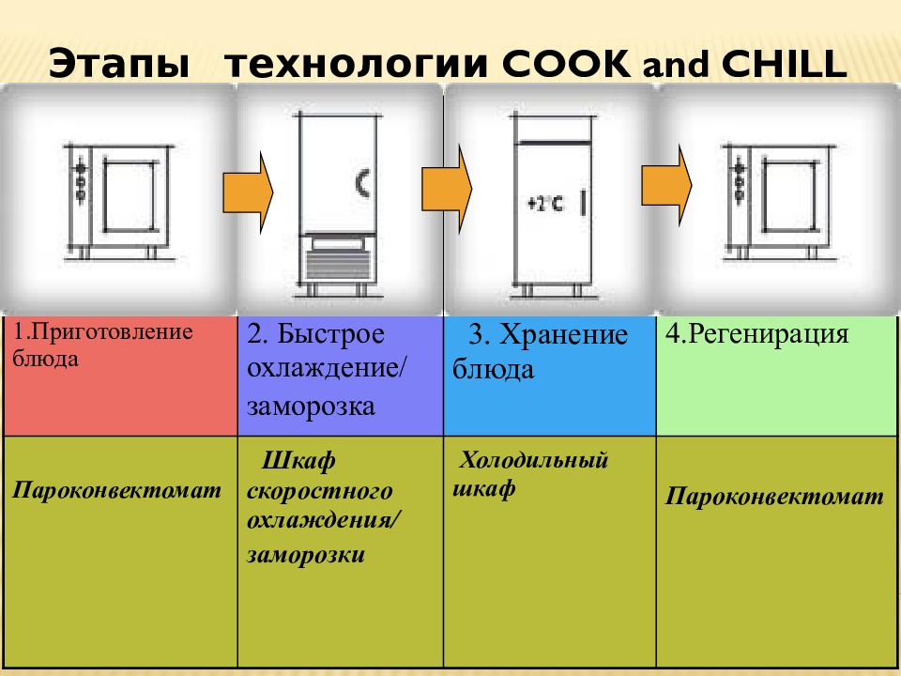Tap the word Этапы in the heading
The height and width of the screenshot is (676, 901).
119,64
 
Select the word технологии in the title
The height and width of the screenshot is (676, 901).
357,64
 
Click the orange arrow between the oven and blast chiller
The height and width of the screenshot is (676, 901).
248,192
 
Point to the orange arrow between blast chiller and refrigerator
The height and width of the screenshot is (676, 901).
447,189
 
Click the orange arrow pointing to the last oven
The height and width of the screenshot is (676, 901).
666,185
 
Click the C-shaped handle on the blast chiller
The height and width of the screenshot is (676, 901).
362,183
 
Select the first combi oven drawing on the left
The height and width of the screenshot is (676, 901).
118,201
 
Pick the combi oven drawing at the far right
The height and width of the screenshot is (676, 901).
777,201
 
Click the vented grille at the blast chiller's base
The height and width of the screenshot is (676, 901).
338,266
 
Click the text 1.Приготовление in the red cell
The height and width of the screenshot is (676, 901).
103,331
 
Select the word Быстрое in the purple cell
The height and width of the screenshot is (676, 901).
331,333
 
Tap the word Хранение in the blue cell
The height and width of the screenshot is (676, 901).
563,334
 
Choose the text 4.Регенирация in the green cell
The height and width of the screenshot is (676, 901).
756,334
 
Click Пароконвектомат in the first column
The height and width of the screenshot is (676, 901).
116,490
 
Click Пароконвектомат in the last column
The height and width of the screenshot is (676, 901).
774,496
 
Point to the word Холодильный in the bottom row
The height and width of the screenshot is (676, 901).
533,460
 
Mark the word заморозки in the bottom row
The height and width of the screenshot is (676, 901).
306,555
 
